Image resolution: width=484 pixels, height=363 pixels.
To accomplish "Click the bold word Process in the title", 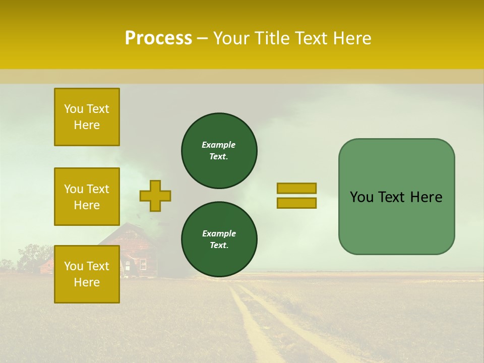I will coord(158,38).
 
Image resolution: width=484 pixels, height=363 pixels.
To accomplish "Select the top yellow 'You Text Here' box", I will coord(87,117).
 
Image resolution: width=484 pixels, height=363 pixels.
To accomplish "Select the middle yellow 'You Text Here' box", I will coord(87,197).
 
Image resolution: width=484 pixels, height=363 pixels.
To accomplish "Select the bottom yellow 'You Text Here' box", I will coord(87,274).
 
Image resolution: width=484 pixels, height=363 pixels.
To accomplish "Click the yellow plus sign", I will coord(155,196).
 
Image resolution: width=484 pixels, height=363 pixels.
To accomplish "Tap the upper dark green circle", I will coord(219,151).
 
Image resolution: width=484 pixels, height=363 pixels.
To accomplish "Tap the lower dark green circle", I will coord(219,239).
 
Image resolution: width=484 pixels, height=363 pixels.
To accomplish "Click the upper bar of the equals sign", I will coord(296,188).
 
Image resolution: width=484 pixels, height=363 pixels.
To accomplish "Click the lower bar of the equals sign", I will coord(296,203).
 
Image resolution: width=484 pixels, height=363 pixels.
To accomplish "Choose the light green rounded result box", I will coord(396,197).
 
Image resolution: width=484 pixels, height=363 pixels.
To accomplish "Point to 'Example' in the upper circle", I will coord(218,145).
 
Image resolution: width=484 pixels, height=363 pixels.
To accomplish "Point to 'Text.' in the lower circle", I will coord(219,246).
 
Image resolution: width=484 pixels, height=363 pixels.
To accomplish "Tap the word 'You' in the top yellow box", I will coord(73,109).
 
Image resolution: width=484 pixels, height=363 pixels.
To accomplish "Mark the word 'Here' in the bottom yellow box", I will coord(87,282).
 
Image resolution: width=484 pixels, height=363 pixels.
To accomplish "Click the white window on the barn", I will coord(143,264).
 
